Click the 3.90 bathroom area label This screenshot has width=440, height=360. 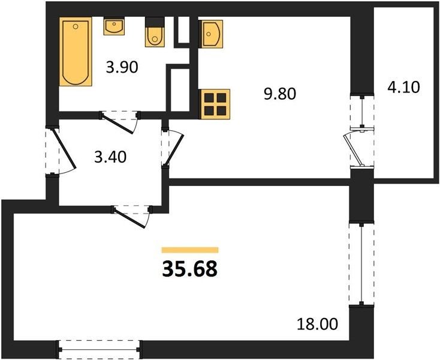[122, 68]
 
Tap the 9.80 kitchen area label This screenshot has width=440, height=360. [280, 94]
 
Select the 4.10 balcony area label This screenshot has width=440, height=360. [403, 87]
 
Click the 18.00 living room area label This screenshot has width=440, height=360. [317, 324]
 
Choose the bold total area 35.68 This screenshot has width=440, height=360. [189, 269]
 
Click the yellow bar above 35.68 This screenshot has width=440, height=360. [190, 250]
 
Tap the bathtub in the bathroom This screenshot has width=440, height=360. [76, 52]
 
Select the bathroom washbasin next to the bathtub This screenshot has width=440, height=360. [114, 26]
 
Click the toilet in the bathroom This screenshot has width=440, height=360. [155, 32]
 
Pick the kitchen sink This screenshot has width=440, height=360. [210, 34]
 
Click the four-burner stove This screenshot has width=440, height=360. [215, 104]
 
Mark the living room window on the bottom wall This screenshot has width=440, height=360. [100, 349]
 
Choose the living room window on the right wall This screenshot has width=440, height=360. [361, 264]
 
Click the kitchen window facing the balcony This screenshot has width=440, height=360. [362, 112]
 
